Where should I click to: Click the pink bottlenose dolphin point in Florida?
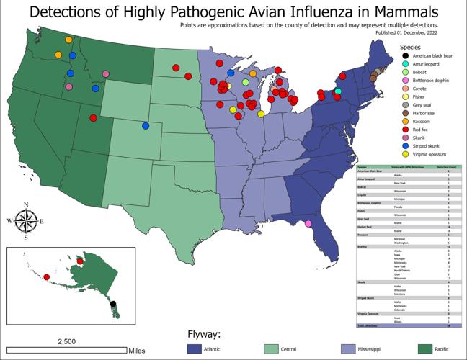[x=308, y=224]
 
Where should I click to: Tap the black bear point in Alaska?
[x=112, y=304]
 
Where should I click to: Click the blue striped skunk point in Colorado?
[x=146, y=125]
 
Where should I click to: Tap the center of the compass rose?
[x=26, y=221]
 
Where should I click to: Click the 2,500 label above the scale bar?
[x=66, y=341]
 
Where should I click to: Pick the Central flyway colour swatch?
[x=275, y=348]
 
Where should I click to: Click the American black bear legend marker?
[x=406, y=57]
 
